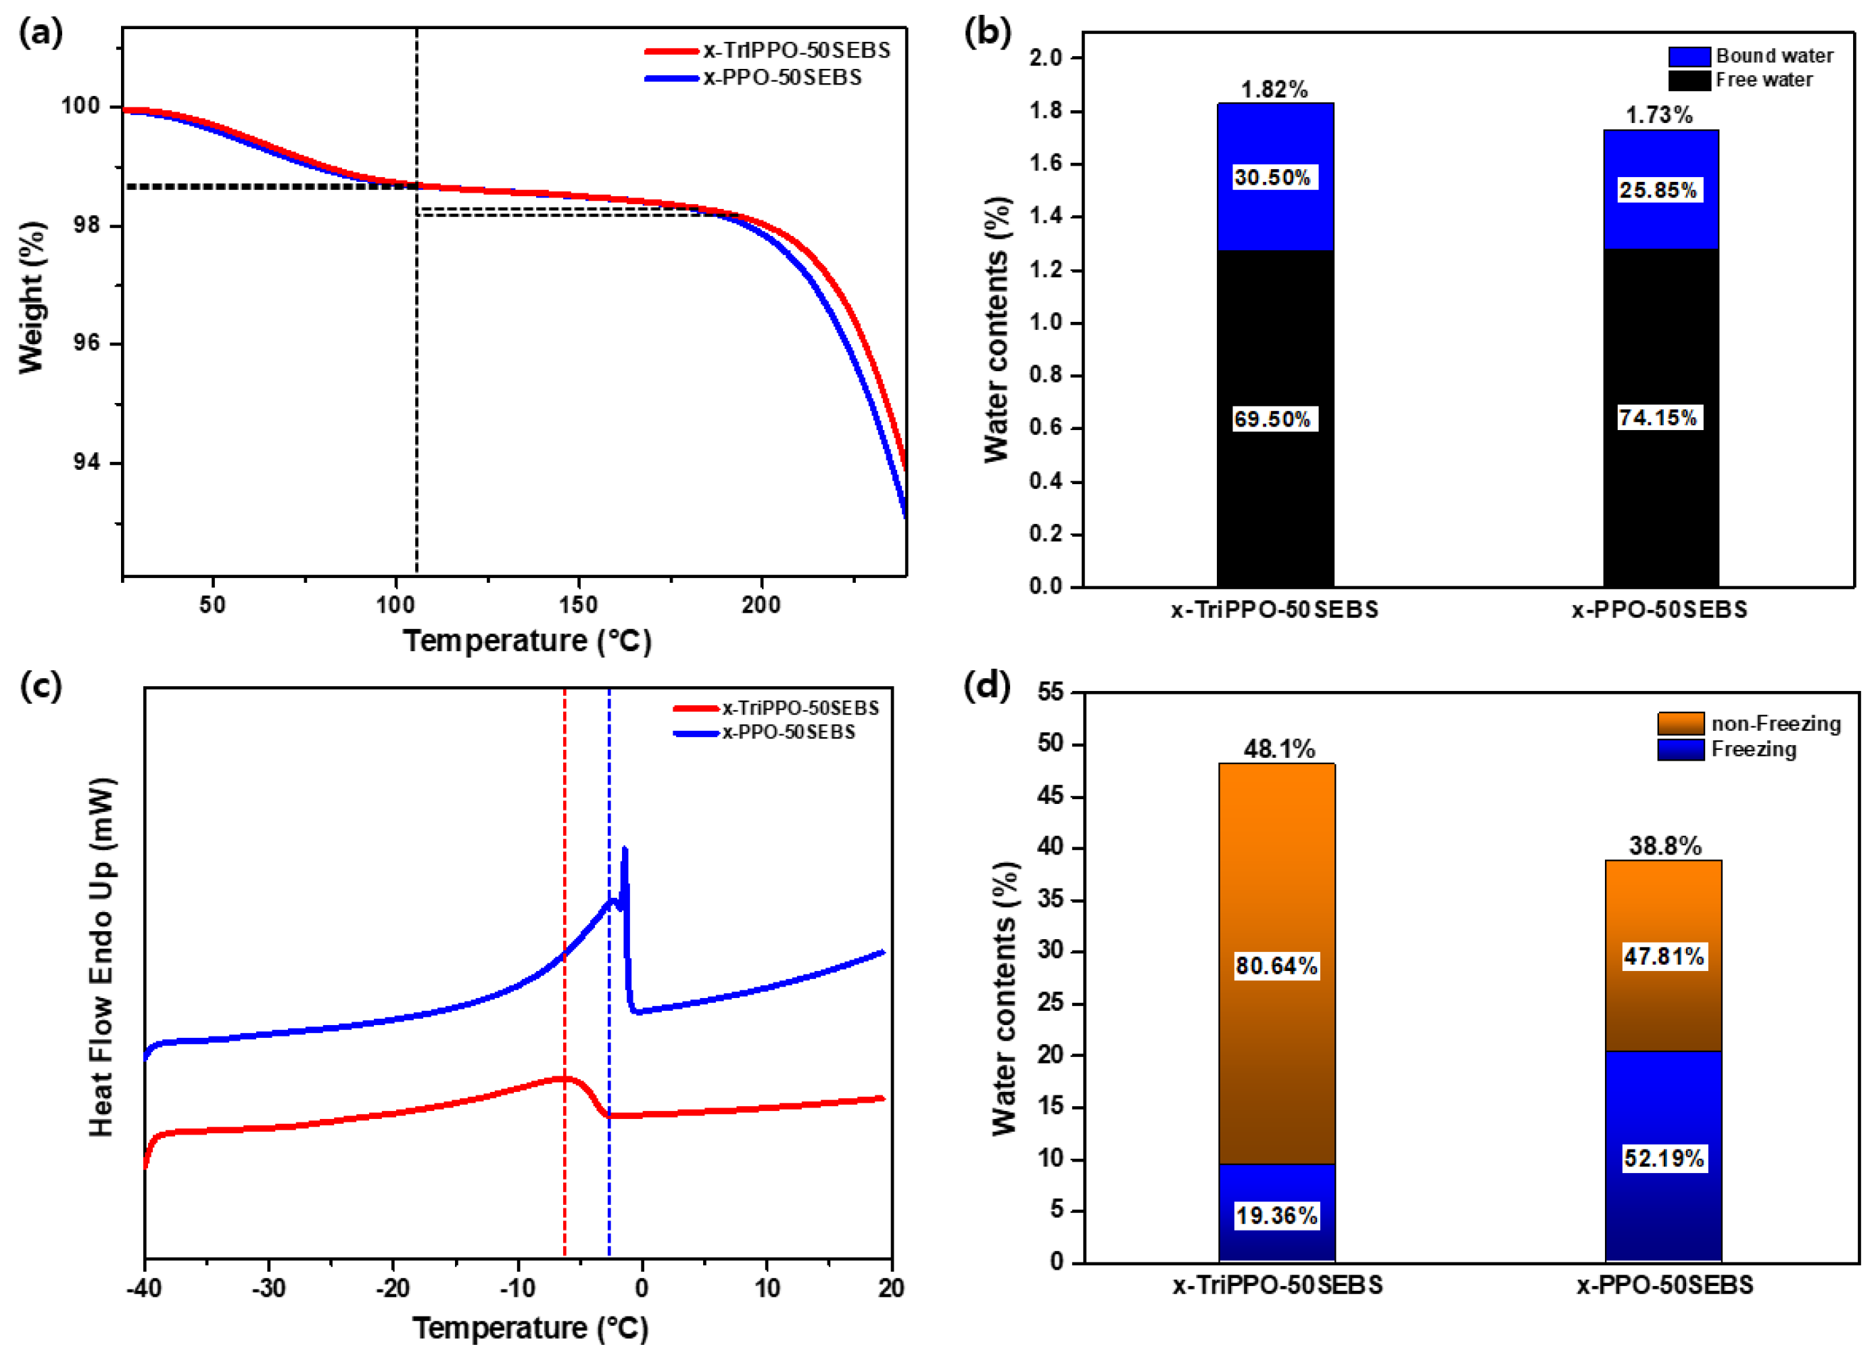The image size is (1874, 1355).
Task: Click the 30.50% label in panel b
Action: [x=1272, y=178]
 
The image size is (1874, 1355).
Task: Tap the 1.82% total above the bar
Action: [x=1274, y=89]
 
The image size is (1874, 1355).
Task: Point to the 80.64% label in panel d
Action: [x=1276, y=966]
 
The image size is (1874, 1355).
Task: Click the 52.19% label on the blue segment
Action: [x=1663, y=1158]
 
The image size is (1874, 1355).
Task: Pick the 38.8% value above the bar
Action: [x=1665, y=846]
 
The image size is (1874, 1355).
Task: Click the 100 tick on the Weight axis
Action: [x=80, y=105]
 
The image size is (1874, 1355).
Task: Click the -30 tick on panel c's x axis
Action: [x=268, y=1288]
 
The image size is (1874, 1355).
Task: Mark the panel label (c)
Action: [x=41, y=686]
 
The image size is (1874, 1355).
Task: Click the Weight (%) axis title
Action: [x=30, y=298]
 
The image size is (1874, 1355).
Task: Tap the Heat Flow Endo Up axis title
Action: [x=101, y=958]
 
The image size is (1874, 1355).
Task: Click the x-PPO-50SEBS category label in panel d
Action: [x=1664, y=1285]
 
